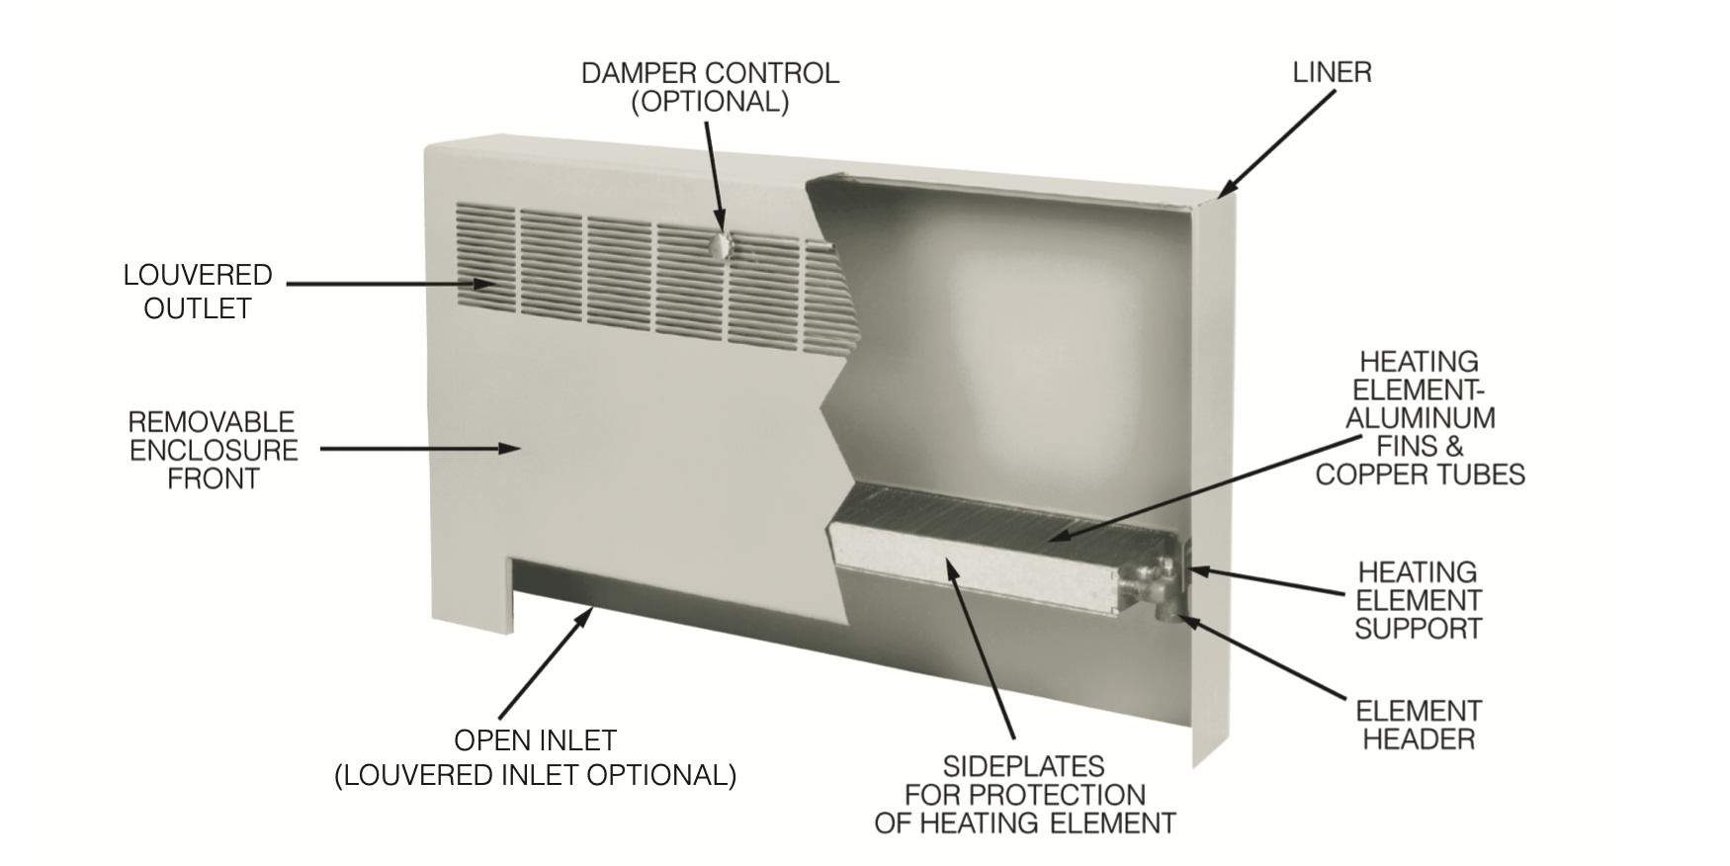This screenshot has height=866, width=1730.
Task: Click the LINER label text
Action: coord(1332,72)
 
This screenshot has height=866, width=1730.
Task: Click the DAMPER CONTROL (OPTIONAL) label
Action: coord(710,87)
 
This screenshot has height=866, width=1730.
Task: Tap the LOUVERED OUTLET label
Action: coord(198,292)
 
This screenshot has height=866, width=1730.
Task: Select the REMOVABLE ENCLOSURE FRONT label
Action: coord(213,450)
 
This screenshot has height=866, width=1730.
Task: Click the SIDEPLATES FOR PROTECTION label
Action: coord(1025,794)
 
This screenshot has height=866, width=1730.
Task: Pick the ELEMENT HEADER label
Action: coord(1419,725)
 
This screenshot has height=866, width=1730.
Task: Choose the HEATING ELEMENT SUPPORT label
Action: coord(1418,600)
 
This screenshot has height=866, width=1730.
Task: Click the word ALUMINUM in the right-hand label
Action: coord(1420,418)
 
